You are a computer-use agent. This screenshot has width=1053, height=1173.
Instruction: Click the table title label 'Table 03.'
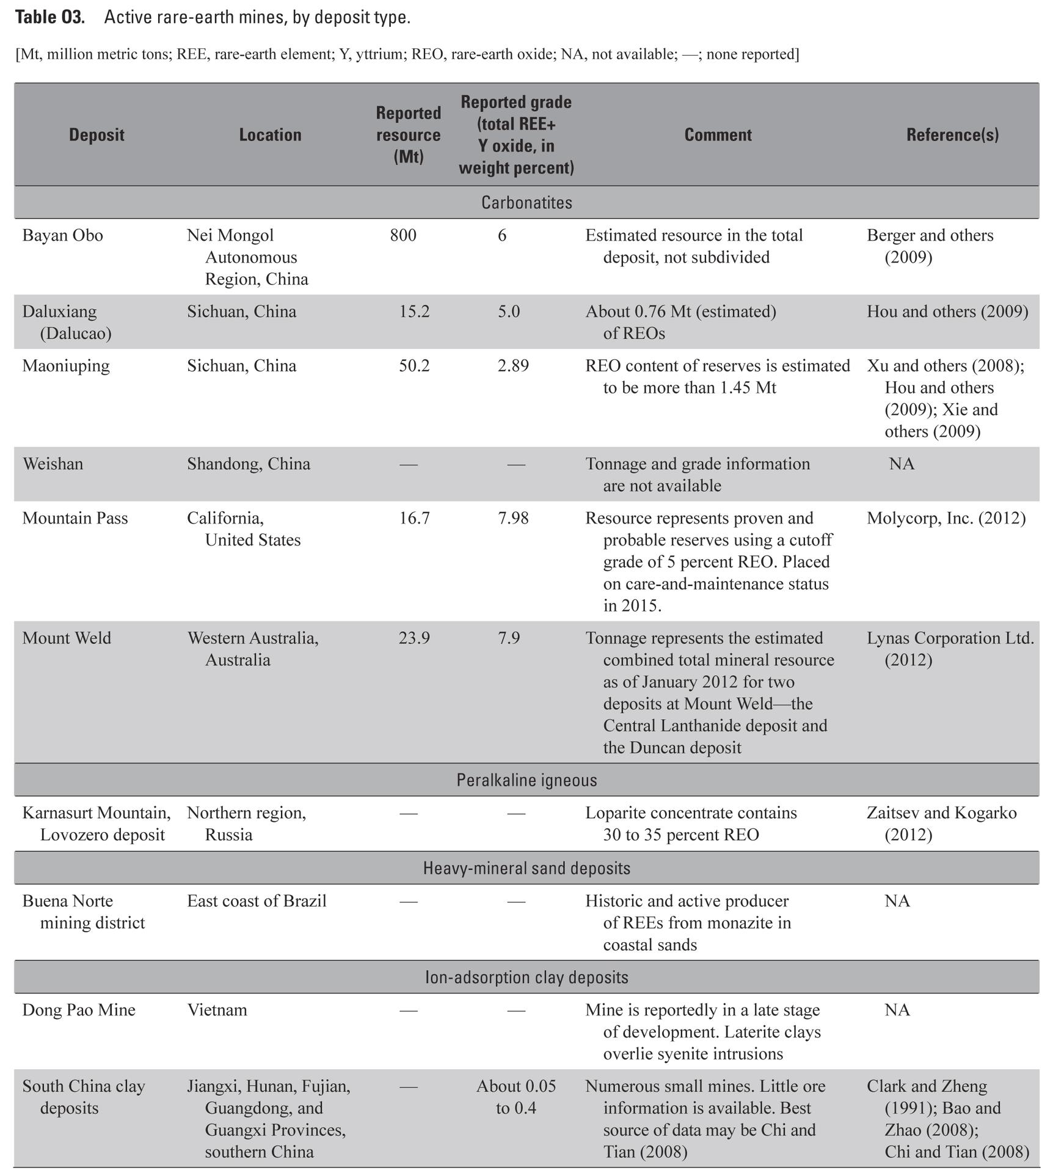click(50, 17)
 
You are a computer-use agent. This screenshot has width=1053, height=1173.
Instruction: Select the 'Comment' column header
click(718, 135)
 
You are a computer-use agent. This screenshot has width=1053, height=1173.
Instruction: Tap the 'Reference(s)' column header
click(952, 135)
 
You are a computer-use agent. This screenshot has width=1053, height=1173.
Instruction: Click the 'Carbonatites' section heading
click(526, 203)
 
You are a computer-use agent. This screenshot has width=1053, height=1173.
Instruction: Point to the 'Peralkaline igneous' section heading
click(526, 780)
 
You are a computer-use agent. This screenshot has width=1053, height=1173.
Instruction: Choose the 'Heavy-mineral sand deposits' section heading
click(526, 868)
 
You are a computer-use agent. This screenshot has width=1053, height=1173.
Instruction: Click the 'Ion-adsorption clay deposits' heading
click(526, 977)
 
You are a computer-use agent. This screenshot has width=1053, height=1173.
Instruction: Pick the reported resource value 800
click(403, 236)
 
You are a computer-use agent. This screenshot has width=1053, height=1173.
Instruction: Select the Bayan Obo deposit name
click(63, 236)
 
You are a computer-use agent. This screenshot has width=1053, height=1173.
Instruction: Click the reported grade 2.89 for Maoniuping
click(513, 366)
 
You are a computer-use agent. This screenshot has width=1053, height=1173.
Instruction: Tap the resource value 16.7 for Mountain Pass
click(414, 519)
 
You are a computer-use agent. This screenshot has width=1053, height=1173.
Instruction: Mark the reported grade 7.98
click(513, 519)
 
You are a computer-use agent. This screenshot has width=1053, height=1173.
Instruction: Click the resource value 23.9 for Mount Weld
click(414, 638)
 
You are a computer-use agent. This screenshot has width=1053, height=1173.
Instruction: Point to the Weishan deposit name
click(53, 464)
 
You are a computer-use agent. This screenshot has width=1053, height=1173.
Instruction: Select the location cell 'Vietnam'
click(217, 1010)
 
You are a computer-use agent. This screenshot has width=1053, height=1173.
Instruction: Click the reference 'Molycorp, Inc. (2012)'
click(946, 519)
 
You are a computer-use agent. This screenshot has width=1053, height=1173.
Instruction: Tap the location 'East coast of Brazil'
click(257, 901)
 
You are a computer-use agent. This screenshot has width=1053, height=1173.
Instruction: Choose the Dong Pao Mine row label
click(79, 1010)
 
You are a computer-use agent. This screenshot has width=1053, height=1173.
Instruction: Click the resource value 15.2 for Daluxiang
click(414, 312)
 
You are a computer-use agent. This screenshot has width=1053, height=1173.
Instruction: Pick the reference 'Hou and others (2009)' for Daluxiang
click(947, 312)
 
